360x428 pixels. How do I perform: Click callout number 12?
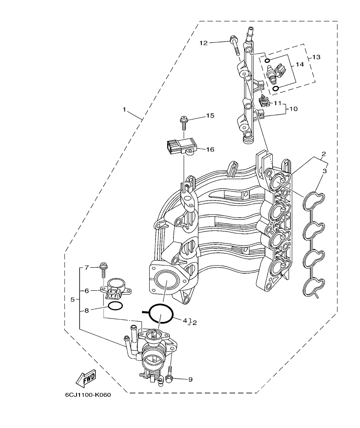(203, 42)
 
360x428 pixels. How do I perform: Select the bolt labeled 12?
(236, 45)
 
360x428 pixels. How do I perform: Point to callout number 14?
(299, 64)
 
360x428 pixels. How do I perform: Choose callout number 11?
(277, 103)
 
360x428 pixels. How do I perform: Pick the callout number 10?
(293, 109)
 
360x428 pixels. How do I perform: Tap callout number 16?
(210, 149)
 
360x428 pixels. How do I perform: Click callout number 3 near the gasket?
(325, 171)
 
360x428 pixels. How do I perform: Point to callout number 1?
(124, 109)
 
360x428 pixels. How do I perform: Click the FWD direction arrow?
(85, 378)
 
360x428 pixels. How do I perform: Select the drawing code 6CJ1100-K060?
(88, 395)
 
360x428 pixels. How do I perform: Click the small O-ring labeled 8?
(115, 306)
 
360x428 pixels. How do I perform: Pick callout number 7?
(86, 268)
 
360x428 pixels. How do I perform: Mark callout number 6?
(86, 290)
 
